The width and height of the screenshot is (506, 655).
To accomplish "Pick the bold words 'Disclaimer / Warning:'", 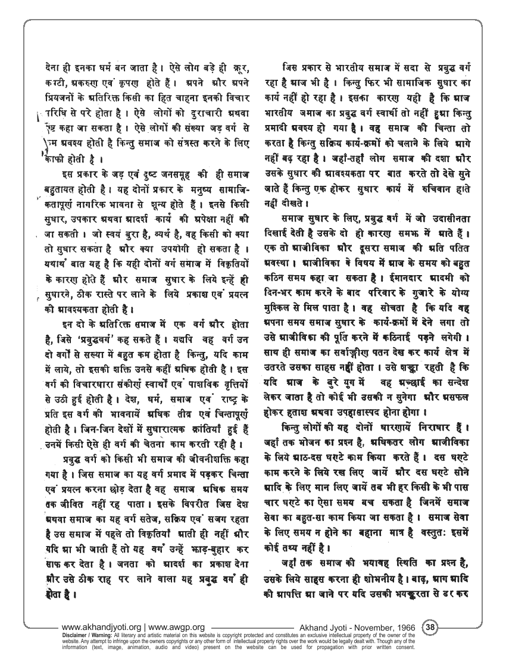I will pos(86,635).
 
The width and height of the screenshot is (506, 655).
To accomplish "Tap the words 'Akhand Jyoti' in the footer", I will pos(321,627).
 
